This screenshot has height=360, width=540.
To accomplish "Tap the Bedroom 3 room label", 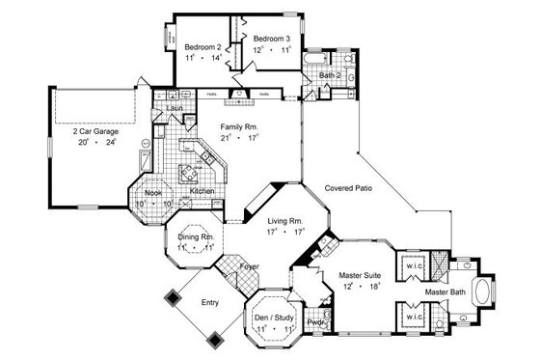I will tap(272, 39).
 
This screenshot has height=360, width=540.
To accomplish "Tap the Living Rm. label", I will tap(285, 221).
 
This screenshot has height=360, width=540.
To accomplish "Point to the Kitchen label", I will tap(201, 192).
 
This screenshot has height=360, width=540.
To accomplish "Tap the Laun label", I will tap(175, 108).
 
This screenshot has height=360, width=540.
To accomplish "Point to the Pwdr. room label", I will tap(316, 323).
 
